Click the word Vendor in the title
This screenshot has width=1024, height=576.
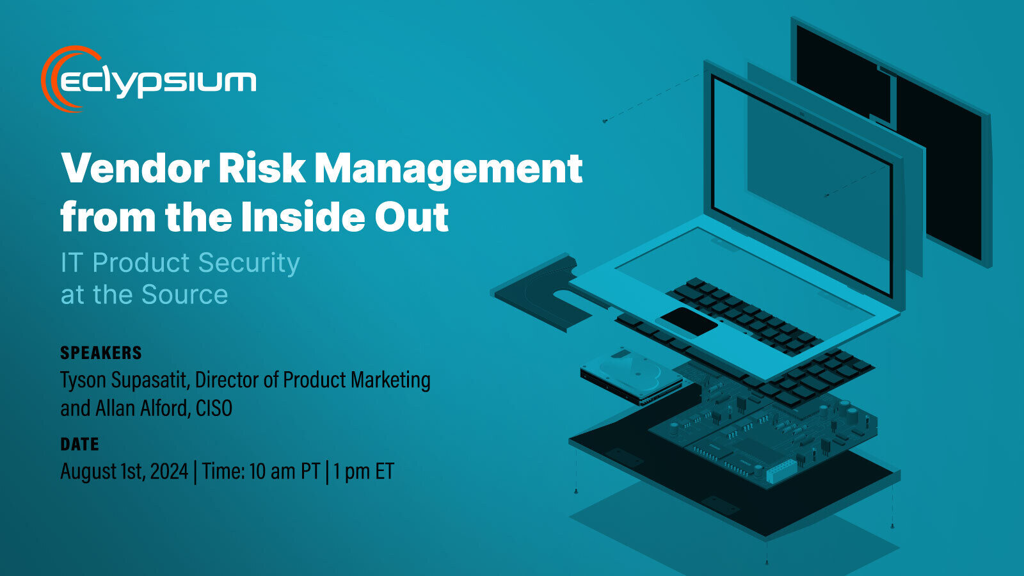click(x=135, y=168)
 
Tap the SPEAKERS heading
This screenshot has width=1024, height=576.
click(x=101, y=353)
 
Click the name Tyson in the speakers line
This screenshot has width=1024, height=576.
click(x=83, y=380)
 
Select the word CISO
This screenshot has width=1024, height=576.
click(x=214, y=408)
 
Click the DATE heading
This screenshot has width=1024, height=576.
click(x=79, y=444)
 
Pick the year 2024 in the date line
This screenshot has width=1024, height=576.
click(x=169, y=472)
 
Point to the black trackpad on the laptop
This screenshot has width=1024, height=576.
click(x=689, y=321)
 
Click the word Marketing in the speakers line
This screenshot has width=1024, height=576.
click(x=390, y=380)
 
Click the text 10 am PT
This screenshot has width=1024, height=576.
click(x=284, y=472)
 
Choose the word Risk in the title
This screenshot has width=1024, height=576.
click(x=262, y=168)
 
